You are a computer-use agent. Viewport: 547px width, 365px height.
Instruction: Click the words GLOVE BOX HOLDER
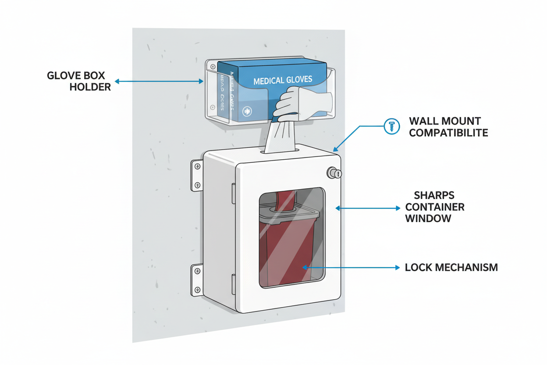(78, 81)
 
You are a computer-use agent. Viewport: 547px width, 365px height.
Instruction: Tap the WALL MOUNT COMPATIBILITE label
(448, 126)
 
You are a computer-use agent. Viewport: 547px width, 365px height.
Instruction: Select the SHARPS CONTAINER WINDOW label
(434, 207)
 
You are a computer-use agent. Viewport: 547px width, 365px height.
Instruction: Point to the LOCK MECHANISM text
(451, 267)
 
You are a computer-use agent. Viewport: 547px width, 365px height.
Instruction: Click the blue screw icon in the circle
(391, 126)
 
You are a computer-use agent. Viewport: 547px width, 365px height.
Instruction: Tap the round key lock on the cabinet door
(334, 173)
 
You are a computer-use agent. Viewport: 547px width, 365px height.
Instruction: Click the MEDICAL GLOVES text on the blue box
(283, 80)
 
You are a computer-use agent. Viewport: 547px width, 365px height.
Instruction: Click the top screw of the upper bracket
(197, 166)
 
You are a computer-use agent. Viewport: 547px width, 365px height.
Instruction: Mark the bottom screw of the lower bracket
(198, 290)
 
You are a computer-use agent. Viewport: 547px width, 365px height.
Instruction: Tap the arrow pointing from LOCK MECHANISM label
(351, 267)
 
